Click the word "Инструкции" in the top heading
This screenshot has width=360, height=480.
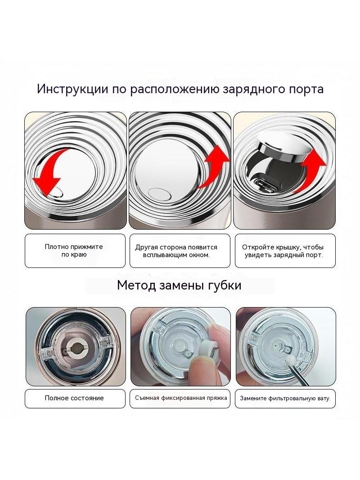(x=72, y=89)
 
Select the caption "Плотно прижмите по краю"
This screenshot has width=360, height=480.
(x=74, y=251)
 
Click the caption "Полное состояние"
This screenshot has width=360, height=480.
(x=74, y=398)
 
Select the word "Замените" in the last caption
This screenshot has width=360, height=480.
(x=253, y=398)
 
